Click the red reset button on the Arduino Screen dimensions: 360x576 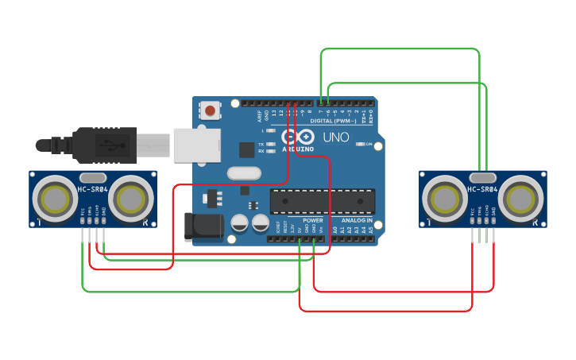[x=210, y=110]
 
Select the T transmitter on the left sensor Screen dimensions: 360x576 [x=56, y=198]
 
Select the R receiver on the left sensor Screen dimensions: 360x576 [x=130, y=198]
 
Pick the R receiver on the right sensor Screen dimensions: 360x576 [x=519, y=198]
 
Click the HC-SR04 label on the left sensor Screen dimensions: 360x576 [x=93, y=188]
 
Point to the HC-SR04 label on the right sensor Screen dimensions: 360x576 [x=482, y=189]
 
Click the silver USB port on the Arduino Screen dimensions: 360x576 [x=195, y=145]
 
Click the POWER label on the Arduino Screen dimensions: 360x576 [x=312, y=219]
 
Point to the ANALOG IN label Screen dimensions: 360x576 [x=357, y=219]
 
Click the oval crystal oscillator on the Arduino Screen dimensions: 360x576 [x=243, y=172]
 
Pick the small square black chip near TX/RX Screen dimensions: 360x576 [x=247, y=149]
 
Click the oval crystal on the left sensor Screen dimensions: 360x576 [x=93, y=176]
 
